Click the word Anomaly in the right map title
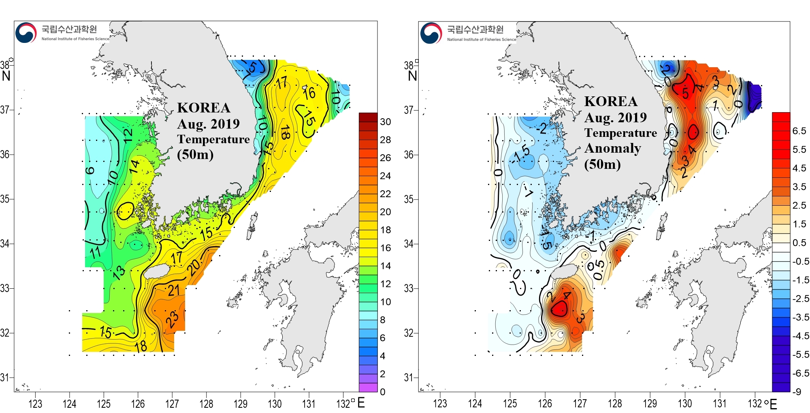[612, 149]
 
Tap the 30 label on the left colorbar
[386, 122]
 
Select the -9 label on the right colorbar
[797, 392]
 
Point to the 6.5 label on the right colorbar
[799, 131]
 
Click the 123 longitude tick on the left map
[35, 404]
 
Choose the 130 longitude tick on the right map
[685, 404]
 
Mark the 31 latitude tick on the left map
[4, 378]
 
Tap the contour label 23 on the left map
[173, 319]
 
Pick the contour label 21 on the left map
[174, 290]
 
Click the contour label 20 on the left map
[194, 267]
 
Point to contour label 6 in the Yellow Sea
[90, 170]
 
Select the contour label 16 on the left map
[309, 93]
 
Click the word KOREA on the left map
[204, 108]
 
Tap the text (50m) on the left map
[195, 154]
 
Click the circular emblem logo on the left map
[26, 33]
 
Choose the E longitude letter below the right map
[773, 404]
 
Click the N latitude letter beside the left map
[6, 76]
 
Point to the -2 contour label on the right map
[541, 129]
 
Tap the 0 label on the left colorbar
[383, 392]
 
